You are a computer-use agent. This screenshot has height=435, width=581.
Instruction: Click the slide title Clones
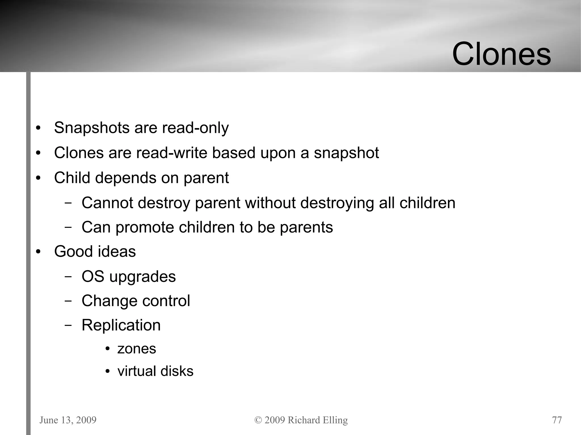(501, 54)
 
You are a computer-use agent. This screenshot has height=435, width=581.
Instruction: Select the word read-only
(195, 128)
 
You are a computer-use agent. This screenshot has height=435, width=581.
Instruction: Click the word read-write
(172, 153)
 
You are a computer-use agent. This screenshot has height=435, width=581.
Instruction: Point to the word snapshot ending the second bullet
(346, 153)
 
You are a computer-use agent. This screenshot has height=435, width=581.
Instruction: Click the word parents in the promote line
(306, 227)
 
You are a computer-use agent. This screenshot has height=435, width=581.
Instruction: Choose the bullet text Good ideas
(95, 252)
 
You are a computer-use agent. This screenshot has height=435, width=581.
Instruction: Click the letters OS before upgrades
(93, 276)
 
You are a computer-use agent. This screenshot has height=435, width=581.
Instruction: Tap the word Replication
(121, 325)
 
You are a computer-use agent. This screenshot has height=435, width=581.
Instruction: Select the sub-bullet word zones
(137, 349)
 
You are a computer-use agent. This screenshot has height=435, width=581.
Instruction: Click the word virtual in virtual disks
(135, 371)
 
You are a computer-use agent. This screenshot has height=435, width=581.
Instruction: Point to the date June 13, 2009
(68, 420)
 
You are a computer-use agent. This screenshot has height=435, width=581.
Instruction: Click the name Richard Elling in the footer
(318, 420)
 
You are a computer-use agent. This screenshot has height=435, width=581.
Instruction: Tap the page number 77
(557, 420)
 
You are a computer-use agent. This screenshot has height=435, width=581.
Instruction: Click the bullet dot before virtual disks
(108, 372)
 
